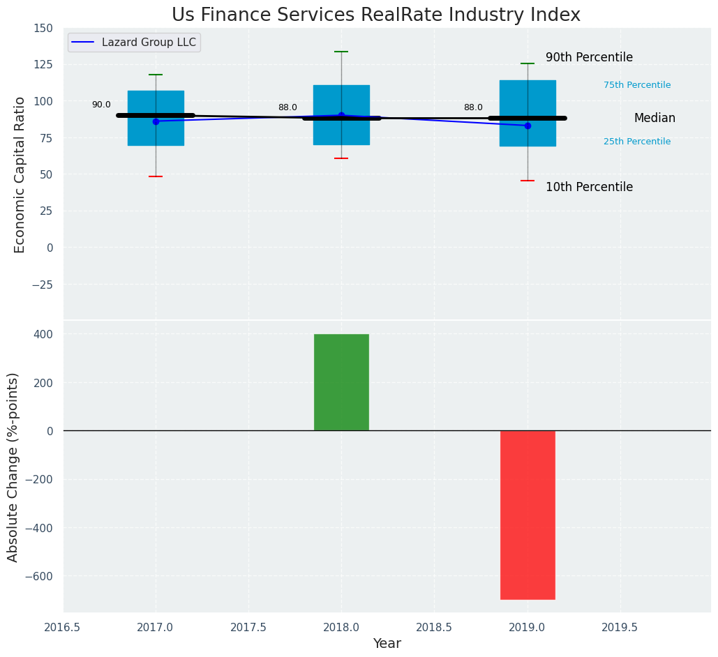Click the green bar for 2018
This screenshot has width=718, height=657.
coord(341,382)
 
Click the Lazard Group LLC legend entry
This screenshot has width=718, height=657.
coord(134,42)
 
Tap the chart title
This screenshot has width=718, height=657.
coord(375,15)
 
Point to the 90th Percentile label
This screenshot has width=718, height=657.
coord(589,58)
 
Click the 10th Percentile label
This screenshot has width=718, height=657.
coord(589,187)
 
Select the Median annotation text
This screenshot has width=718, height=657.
coord(655,119)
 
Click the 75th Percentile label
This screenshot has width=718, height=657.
coord(637,85)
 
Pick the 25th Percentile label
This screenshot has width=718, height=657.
coord(637,142)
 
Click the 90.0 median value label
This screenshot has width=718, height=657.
coord(101,105)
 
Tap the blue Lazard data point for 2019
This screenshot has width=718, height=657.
coord(528,126)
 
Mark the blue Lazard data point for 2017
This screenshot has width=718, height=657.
coord(156,121)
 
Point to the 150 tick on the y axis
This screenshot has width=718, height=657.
coord(43,28)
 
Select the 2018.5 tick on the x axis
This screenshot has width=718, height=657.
coord(434,628)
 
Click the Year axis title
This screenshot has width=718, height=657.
coord(387,644)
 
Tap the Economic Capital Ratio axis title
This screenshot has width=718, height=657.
coord(20,174)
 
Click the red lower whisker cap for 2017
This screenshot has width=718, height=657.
coord(156,176)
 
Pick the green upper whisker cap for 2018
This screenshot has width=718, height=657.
coord(341,52)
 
